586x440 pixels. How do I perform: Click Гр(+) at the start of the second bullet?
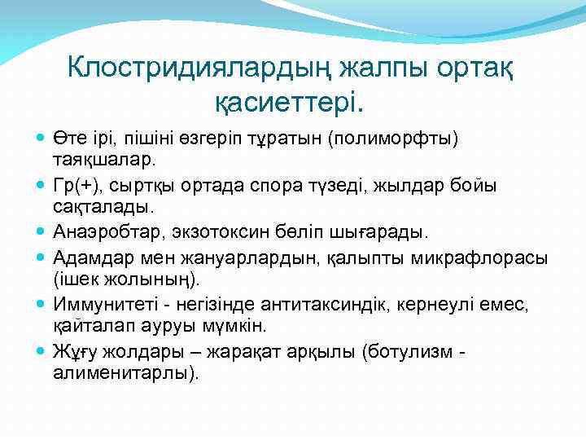(74, 184)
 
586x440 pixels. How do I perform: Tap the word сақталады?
(96, 208)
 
